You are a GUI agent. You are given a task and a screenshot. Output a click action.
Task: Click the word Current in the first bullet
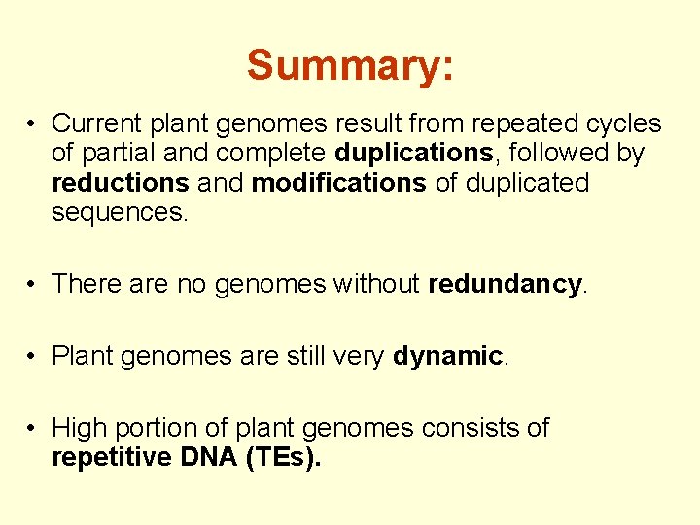click(91, 124)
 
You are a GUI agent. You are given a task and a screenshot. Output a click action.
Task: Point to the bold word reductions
click(120, 183)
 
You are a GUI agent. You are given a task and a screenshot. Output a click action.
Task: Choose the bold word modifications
click(338, 183)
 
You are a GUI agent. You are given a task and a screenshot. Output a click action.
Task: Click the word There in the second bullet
click(82, 284)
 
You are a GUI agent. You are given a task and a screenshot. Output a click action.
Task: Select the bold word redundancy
click(505, 284)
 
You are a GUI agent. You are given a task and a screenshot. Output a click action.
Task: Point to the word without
click(376, 284)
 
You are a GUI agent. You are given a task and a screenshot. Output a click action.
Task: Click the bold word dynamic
click(447, 356)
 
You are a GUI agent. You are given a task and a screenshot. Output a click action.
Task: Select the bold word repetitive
click(112, 457)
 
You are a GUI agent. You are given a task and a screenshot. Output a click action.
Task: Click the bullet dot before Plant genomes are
click(33, 357)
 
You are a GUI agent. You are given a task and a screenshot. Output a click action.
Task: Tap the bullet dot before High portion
click(33, 429)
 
